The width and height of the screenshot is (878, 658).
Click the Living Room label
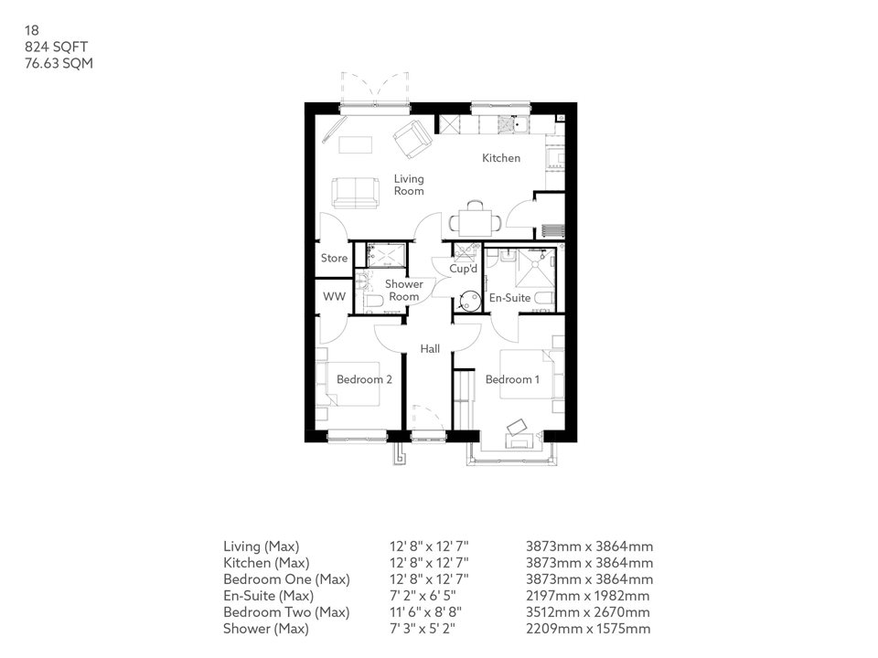point(409,186)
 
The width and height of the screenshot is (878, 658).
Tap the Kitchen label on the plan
point(501,158)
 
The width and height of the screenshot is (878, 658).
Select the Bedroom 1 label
point(512,379)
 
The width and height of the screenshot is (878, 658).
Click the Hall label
point(430,349)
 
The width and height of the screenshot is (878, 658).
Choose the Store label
point(334,259)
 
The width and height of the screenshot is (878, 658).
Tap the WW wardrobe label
point(333,297)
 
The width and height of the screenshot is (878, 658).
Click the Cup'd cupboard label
point(464,270)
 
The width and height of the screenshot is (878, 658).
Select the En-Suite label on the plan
point(510,298)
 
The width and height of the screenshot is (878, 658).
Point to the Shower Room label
point(403,291)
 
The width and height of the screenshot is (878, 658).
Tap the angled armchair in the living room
point(412,138)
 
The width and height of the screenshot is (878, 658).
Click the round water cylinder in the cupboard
point(470,300)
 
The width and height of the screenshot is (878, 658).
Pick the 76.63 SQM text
point(59,63)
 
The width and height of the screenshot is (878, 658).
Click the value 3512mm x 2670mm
point(588,612)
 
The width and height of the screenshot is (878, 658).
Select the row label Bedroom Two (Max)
point(286,612)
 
